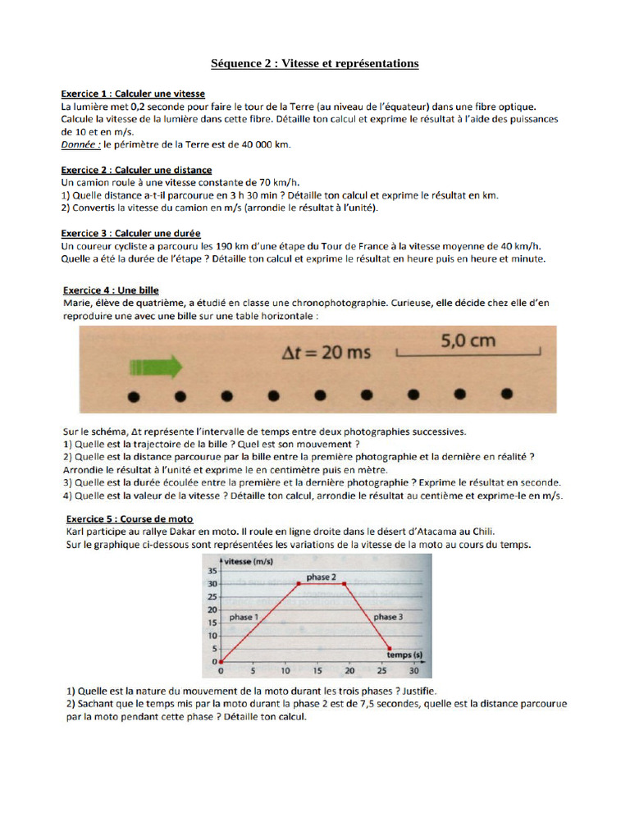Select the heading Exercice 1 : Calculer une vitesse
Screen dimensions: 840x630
point(133,94)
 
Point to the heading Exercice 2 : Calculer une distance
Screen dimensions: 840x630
point(137,170)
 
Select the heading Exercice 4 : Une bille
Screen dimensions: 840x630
point(111,290)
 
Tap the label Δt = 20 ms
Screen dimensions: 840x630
point(326,353)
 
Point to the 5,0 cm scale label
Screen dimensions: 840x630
point(468,340)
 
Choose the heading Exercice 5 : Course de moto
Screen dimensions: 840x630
point(128,518)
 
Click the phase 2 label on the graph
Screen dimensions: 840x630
point(321,577)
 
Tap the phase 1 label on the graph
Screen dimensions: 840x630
point(244,616)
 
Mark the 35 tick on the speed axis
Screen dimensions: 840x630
point(212,571)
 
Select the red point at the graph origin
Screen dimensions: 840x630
point(221,661)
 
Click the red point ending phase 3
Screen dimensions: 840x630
point(390,648)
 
